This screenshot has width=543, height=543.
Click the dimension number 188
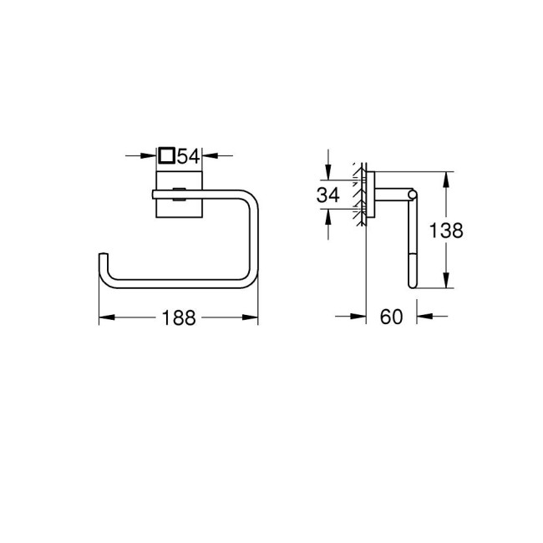(x=178, y=318)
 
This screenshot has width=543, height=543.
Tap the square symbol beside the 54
(x=166, y=155)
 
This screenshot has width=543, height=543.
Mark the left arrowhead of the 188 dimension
(x=104, y=318)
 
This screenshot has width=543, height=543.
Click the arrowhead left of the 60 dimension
(x=362, y=317)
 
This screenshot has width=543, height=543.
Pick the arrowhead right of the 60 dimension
(x=421, y=317)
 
